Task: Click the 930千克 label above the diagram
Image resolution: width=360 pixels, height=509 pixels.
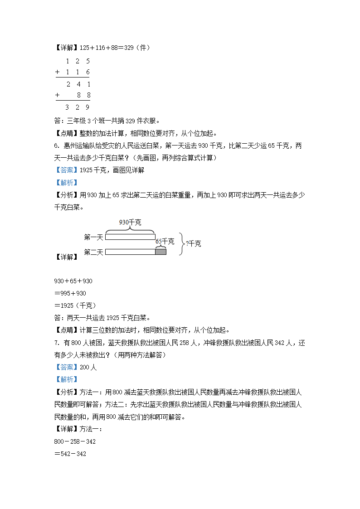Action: tap(130, 222)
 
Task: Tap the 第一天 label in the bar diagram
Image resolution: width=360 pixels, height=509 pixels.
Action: tap(94, 237)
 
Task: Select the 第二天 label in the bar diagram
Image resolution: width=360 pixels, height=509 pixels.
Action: tap(94, 252)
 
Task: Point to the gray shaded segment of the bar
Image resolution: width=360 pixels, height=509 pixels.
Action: tap(161, 252)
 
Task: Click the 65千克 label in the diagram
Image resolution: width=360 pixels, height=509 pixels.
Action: tap(165, 242)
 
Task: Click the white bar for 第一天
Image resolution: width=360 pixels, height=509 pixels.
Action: tap(130, 237)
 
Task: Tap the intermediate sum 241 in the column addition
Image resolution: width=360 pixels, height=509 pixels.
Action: tap(78, 84)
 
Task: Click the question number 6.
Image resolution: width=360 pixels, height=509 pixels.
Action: tap(56, 146)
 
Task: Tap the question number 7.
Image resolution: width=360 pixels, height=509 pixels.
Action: tap(56, 343)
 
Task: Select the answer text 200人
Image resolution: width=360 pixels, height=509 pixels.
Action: tap(88, 367)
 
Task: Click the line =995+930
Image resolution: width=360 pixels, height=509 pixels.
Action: tap(70, 293)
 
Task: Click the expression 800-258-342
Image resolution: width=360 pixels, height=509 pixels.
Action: tap(75, 441)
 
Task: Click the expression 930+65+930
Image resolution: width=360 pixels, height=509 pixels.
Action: tap(73, 281)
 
